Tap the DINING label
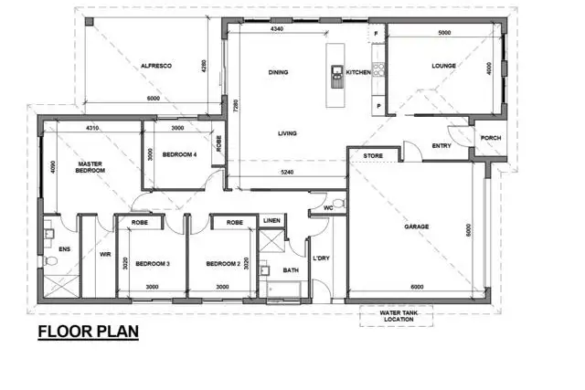tap(279, 72)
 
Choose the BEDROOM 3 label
tap(153, 264)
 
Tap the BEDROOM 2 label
tap(222, 264)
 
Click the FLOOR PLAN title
tap(88, 332)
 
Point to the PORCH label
tap(490, 139)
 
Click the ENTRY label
tap(441, 146)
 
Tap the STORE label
tap(372, 156)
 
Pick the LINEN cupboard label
tap(271, 221)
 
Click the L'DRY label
tap(322, 259)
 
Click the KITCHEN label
tap(356, 72)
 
